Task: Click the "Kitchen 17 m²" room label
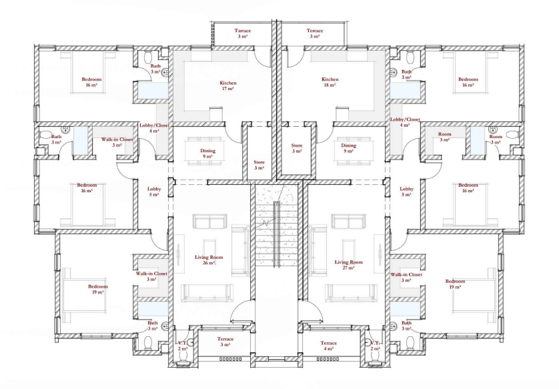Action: pos(228,85)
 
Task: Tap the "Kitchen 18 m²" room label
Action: pos(330,82)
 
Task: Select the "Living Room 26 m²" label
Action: pos(209,260)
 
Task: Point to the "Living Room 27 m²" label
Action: pos(348,265)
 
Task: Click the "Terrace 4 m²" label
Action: pos(328,346)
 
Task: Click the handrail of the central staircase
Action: pos(276,234)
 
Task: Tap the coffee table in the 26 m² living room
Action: pos(209,247)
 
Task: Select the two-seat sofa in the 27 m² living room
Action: pos(348,221)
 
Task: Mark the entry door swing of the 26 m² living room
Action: pos(241,311)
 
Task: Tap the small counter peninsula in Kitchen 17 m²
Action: pos(215,113)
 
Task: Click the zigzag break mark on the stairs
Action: pos(265,224)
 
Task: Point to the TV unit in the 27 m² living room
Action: pos(378,250)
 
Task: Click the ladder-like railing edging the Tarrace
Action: pos(213,35)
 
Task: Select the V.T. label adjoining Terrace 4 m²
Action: pos(375,343)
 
